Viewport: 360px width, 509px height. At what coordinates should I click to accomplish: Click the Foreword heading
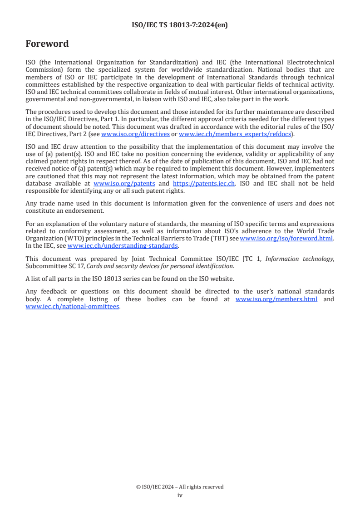(x=47, y=44)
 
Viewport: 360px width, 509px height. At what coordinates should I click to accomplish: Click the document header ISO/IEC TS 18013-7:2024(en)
(x=180, y=25)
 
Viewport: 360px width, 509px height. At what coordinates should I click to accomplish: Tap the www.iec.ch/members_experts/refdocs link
(x=235, y=134)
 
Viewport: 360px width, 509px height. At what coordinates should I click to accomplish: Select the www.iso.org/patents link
(x=124, y=183)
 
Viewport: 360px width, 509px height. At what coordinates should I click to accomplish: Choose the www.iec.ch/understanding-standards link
(x=123, y=245)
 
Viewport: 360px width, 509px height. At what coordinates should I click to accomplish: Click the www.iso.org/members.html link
(x=276, y=299)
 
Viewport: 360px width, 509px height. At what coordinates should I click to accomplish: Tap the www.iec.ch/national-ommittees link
(x=73, y=306)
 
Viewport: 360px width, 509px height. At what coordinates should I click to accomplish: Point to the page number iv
(x=180, y=495)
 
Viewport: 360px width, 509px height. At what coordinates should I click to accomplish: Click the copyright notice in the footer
(x=180, y=487)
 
